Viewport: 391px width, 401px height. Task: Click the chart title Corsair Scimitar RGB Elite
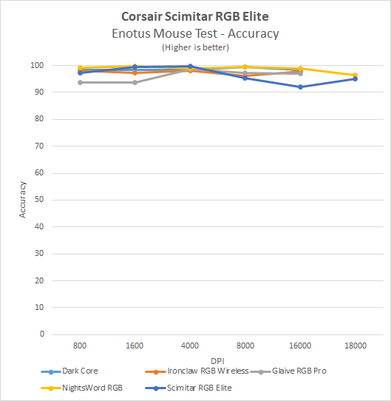[195, 16]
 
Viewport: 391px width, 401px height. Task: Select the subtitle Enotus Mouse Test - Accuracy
[195, 33]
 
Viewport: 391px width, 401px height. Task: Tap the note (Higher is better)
[195, 47]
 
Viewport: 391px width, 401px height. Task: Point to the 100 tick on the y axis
[37, 66]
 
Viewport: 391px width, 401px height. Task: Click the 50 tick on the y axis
[39, 200]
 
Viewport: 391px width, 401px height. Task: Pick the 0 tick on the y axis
[41, 334]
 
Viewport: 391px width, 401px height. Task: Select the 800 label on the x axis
[79, 346]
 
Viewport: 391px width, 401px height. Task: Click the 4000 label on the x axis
[190, 346]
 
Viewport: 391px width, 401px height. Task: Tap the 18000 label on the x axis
[355, 346]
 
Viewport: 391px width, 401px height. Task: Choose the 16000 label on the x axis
[299, 346]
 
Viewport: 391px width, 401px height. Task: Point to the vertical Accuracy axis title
[23, 200]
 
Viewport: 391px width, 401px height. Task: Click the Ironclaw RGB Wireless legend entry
[203, 371]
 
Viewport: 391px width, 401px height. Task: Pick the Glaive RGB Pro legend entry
[299, 371]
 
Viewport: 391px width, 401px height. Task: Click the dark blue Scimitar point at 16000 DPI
[300, 87]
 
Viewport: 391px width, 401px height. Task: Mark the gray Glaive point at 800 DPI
[80, 82]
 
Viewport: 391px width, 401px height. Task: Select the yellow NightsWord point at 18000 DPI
[355, 75]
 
